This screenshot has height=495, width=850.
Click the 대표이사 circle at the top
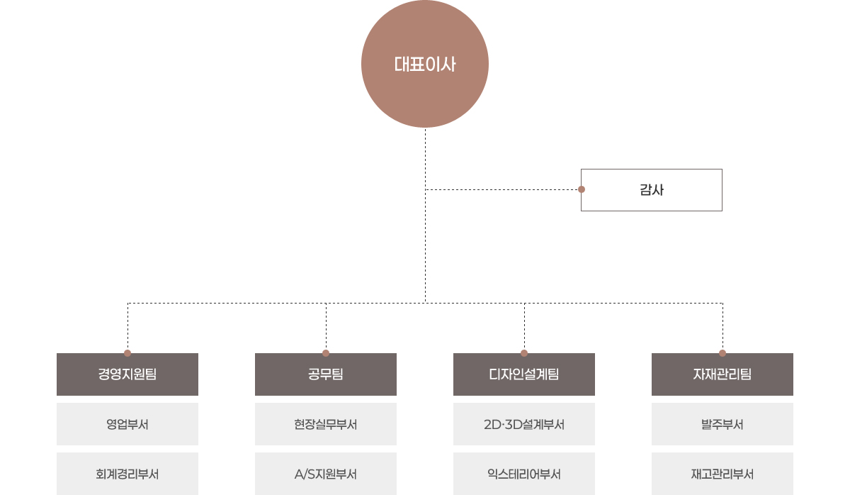tap(425, 65)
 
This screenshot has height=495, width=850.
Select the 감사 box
tap(652, 190)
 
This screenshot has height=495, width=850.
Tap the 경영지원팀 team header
tap(127, 374)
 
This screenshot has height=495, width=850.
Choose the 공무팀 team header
tap(326, 374)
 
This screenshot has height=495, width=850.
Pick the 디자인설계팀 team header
tap(524, 374)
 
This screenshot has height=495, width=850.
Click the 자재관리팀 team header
tap(722, 374)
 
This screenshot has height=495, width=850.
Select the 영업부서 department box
tap(127, 425)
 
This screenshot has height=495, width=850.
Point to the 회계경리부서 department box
tap(127, 474)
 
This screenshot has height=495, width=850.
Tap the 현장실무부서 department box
tap(326, 425)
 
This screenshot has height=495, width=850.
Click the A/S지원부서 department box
tap(326, 474)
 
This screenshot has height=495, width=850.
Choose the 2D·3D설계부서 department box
tap(524, 425)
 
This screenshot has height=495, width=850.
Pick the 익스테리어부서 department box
tap(524, 474)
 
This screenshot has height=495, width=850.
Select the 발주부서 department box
tap(722, 425)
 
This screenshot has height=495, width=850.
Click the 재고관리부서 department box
tap(722, 474)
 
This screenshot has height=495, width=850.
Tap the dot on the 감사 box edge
tap(582, 189)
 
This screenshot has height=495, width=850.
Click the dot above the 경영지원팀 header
tap(127, 352)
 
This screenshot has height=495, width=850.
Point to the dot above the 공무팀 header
tap(326, 352)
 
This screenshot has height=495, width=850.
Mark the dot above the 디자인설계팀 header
tap(524, 352)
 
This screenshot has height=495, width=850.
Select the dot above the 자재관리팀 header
tap(722, 352)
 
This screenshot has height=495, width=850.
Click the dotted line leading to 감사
tap(503, 189)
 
